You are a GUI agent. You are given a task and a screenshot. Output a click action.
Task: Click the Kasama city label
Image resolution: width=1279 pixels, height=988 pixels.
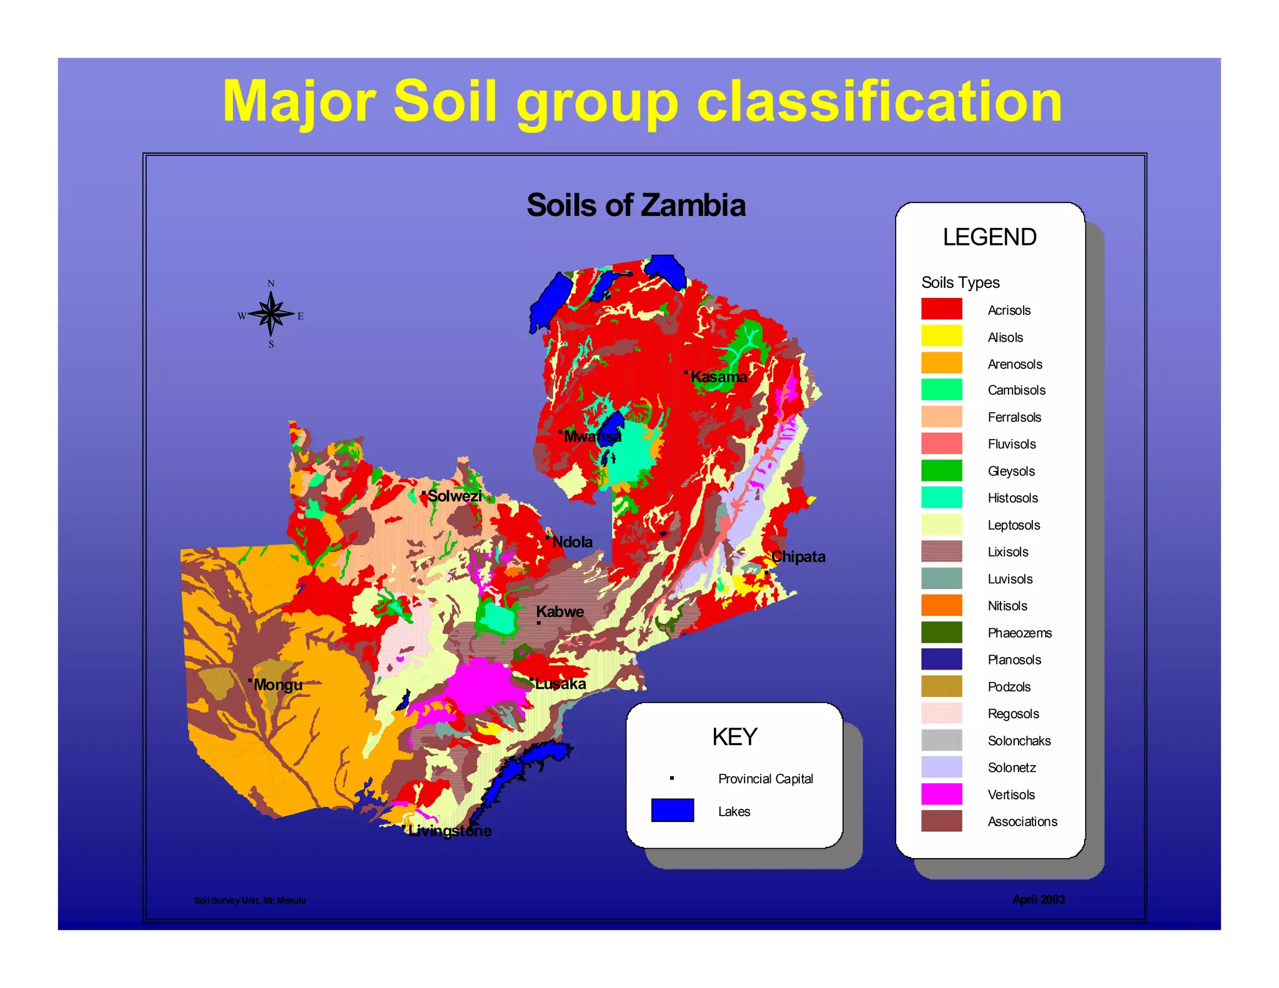[x=718, y=377]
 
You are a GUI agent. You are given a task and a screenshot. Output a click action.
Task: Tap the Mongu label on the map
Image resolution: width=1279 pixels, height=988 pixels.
[x=277, y=684]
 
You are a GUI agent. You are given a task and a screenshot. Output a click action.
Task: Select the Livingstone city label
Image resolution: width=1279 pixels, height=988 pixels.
[x=450, y=831]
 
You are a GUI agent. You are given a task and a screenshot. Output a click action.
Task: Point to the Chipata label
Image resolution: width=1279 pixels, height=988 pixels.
[x=798, y=556]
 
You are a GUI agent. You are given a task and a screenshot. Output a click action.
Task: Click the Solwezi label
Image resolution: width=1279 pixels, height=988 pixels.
[x=455, y=496]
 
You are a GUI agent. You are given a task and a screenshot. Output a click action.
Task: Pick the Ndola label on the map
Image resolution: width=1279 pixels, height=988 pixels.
[x=572, y=541]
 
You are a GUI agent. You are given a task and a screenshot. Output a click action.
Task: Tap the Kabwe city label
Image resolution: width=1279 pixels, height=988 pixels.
[x=560, y=611]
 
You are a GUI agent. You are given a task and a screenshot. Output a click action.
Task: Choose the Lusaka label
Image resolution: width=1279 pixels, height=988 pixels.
[x=560, y=683]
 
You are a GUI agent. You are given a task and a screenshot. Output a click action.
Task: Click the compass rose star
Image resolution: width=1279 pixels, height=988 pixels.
[x=271, y=314]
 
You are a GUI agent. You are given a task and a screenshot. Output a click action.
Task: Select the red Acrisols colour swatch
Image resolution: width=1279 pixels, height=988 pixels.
[x=941, y=309]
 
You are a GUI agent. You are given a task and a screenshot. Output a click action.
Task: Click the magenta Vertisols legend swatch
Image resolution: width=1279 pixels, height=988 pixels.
[x=941, y=794]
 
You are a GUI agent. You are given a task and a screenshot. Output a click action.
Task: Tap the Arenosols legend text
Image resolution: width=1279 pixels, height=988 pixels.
[x=1015, y=364]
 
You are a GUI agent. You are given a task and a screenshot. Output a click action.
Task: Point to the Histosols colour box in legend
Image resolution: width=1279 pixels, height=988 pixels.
[x=941, y=497]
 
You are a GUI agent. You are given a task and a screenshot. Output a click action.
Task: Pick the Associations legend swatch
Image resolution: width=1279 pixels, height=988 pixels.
[x=941, y=821]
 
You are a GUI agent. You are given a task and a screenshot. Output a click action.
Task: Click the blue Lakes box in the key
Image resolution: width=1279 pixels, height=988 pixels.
[x=672, y=810]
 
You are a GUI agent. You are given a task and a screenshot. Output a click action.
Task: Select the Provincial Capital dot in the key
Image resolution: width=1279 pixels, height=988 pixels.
[x=672, y=778]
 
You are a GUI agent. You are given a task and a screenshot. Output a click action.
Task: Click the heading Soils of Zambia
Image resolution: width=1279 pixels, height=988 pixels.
[x=636, y=205]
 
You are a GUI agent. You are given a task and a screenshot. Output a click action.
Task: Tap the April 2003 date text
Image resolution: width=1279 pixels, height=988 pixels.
[x=1039, y=899]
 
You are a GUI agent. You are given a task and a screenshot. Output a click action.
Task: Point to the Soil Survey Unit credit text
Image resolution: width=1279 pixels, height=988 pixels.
[x=250, y=900]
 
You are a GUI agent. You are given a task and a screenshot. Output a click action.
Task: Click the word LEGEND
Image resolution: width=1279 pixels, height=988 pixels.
[x=989, y=237]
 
